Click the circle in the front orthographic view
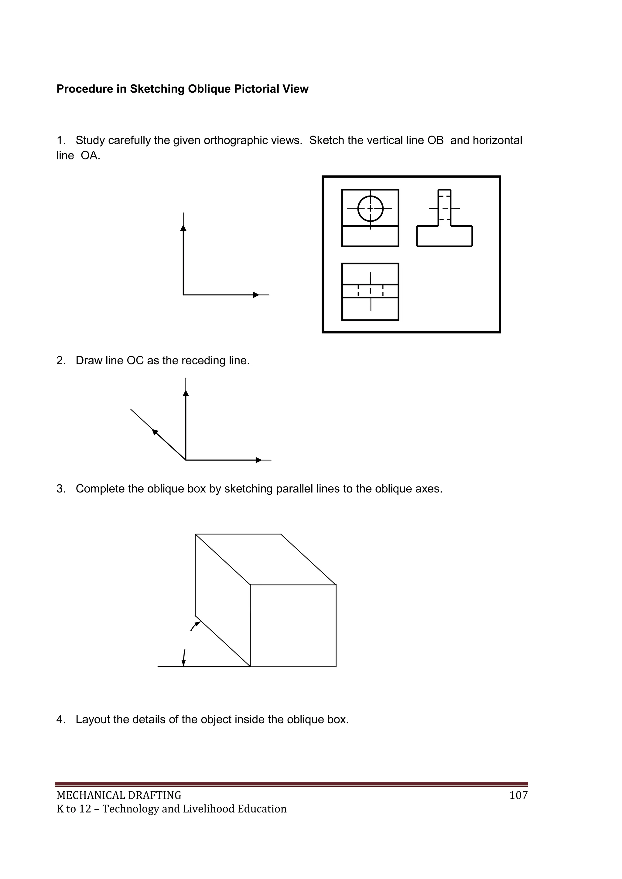pos(370,209)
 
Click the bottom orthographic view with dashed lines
pos(370,291)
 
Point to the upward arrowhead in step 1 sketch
pos(183,228)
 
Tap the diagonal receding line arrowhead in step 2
pos(155,432)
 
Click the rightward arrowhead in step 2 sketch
pos(258,460)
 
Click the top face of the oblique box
pos(265,559)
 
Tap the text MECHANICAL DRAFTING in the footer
pos(119,796)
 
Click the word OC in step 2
pos(135,361)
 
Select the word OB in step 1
pos(435,141)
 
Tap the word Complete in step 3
pos(99,489)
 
